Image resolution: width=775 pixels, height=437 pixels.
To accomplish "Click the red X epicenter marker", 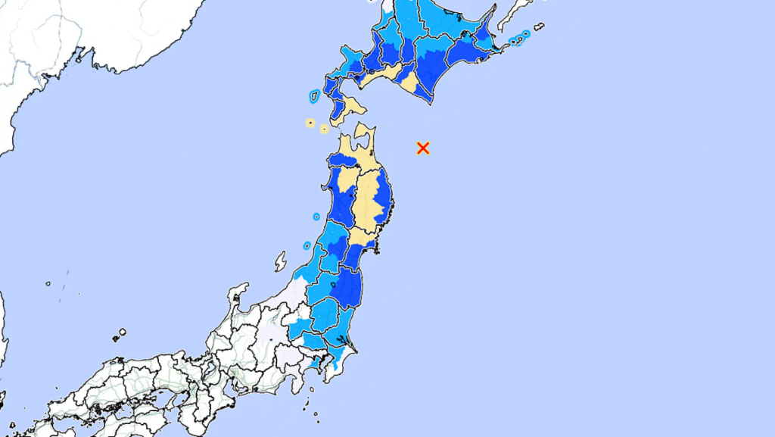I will click(423, 148).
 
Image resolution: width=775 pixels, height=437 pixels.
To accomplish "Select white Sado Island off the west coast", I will click(281, 262).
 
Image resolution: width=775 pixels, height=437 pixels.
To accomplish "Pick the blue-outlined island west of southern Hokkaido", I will click(314, 95).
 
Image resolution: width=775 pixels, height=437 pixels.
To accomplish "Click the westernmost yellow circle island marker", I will click(310, 122).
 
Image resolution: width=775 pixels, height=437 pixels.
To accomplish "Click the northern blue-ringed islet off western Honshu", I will click(316, 217).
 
